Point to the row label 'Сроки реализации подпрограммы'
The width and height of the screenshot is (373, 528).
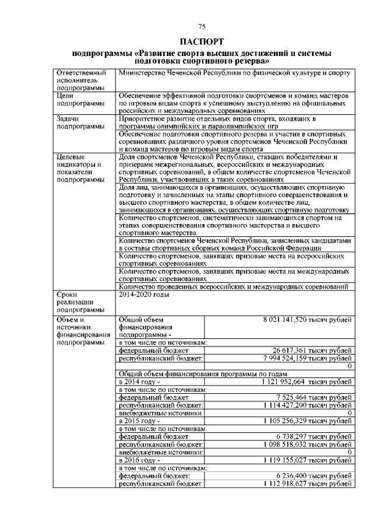point(76,302)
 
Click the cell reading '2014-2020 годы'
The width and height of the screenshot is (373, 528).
point(143,295)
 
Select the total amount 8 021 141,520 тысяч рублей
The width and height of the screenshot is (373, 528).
point(308,320)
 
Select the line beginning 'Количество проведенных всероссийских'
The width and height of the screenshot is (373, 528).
point(233,286)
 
